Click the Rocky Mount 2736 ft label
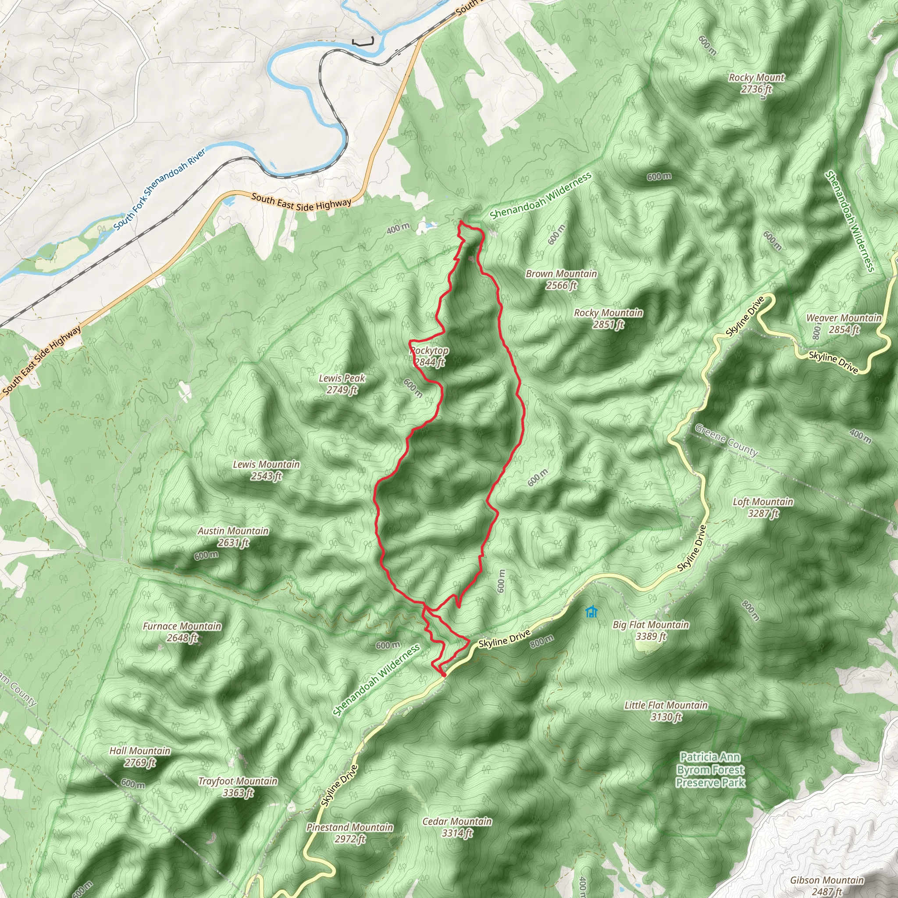(x=756, y=83)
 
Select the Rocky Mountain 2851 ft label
(x=608, y=318)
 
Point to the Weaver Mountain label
(x=844, y=324)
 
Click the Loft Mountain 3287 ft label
(x=763, y=507)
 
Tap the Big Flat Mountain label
(x=651, y=630)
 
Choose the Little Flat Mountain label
(x=666, y=711)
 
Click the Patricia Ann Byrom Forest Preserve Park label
(x=710, y=770)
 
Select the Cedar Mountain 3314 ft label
(x=457, y=827)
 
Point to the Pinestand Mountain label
(x=349, y=833)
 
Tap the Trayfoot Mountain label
(x=238, y=787)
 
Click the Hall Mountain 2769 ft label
(x=140, y=756)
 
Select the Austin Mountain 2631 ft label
(x=233, y=536)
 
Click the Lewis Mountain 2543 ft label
(x=266, y=470)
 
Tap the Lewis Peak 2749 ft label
(x=342, y=384)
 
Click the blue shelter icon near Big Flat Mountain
(x=591, y=612)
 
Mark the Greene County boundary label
(x=726, y=440)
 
